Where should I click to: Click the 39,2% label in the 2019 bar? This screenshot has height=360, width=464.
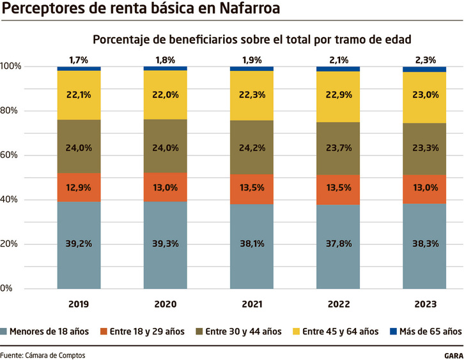pyautogui.click(x=79, y=243)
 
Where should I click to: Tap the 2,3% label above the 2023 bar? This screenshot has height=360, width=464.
pyautogui.click(x=424, y=60)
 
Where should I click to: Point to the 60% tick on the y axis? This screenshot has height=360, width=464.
pyautogui.click(x=11, y=155)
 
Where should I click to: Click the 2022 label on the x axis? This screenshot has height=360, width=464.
pyautogui.click(x=337, y=304)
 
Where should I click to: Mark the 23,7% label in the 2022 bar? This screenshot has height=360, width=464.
pyautogui.click(x=338, y=148)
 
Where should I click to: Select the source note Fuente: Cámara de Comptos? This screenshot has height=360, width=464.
pyautogui.click(x=42, y=355)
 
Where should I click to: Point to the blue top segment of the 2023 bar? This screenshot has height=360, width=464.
pyautogui.click(x=424, y=69)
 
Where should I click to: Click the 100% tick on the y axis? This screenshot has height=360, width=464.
pyautogui.click(x=11, y=67)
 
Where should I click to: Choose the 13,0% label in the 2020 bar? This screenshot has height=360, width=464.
pyautogui.click(x=165, y=188)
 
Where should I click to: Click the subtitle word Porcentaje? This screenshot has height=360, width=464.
pyautogui.click(x=121, y=40)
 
